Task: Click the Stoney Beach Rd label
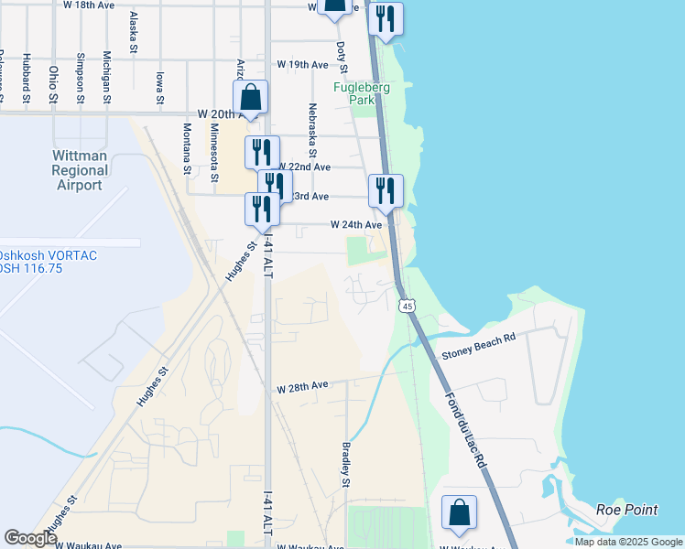click(x=478, y=338)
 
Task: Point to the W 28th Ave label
click(x=302, y=387)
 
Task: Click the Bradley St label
click(x=347, y=464)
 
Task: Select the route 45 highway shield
click(x=407, y=305)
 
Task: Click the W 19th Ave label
click(x=302, y=66)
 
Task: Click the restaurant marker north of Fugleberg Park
click(x=386, y=18)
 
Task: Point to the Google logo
click(x=31, y=538)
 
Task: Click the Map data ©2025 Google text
click(x=628, y=542)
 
